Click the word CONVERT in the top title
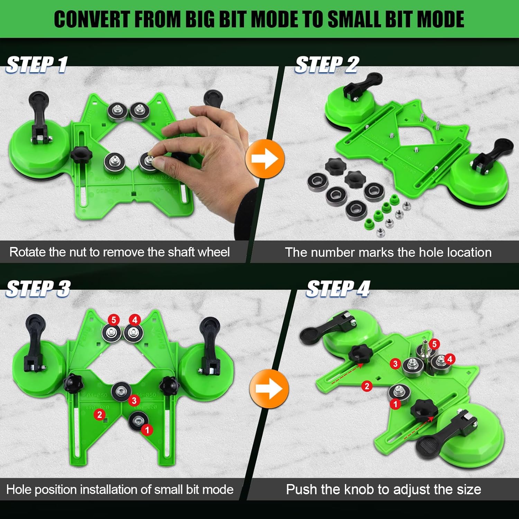(91, 19)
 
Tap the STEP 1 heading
(37, 65)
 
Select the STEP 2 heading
(327, 65)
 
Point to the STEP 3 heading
(38, 289)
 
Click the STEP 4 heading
(338, 289)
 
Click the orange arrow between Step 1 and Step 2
(265, 159)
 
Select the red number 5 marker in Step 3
(113, 320)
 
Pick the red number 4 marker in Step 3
(135, 320)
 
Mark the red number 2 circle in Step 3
(100, 414)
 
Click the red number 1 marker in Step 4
(395, 404)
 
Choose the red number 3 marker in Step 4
(395, 364)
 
